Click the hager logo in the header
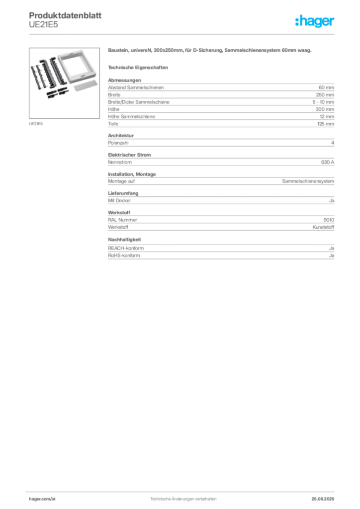(315, 21)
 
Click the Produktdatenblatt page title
(65, 15)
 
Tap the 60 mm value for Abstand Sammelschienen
(326, 87)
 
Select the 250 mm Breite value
(325, 95)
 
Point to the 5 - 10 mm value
(323, 102)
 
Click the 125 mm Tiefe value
(326, 124)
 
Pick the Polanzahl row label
(118, 143)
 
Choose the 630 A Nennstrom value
(328, 162)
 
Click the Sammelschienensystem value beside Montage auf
(308, 181)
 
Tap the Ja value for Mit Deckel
(332, 201)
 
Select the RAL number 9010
(329, 220)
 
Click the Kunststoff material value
(323, 227)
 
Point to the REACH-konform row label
(126, 249)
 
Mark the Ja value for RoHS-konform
(332, 255)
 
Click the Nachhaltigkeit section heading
(125, 240)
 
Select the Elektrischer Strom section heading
(129, 155)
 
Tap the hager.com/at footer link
(42, 499)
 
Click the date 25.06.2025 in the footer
(323, 499)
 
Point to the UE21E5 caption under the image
(36, 124)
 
